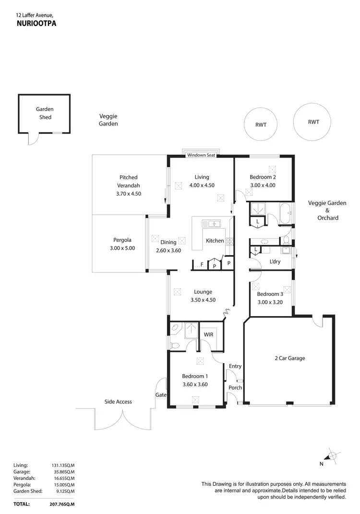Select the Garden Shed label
45,113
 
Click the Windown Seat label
201,155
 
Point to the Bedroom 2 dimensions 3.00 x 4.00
263,185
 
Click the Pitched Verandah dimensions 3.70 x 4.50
129,194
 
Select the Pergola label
122,240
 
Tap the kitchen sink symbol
211,223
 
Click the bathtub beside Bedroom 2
285,214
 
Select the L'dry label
275,262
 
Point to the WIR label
209,334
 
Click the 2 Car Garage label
289,358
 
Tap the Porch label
235,388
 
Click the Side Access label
118,402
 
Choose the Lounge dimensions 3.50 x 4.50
203,300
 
